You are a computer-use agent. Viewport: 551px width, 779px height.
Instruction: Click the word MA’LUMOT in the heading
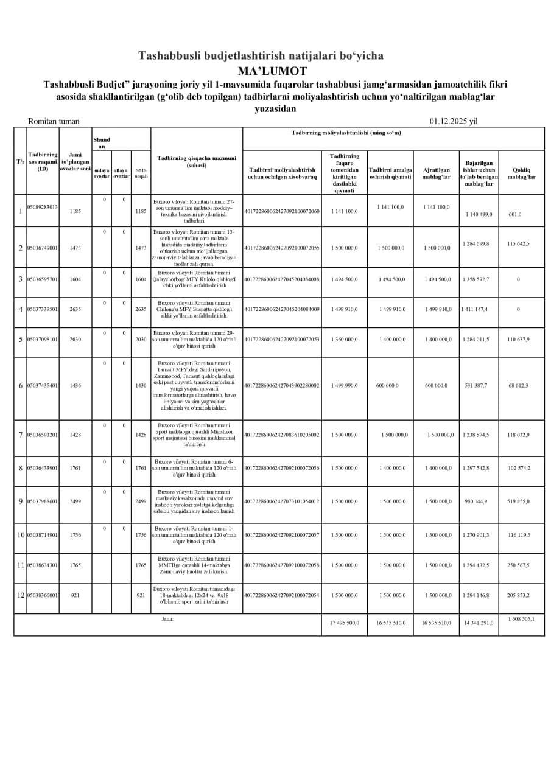[x=272, y=71]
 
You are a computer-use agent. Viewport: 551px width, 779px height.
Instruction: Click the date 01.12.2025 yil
[x=453, y=121]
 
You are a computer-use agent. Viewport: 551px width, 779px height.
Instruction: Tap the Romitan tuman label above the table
[x=54, y=121]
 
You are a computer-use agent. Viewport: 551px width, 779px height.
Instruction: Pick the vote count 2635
[x=75, y=309]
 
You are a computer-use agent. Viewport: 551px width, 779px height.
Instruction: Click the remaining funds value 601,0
[x=515, y=214]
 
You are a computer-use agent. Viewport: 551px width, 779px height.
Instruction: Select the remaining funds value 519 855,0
[x=519, y=501]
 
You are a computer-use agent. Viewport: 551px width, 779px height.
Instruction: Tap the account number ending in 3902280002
[x=282, y=385]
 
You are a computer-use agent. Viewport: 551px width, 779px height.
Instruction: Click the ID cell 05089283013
[x=43, y=207]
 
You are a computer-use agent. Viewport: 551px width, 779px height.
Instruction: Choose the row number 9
[x=20, y=501]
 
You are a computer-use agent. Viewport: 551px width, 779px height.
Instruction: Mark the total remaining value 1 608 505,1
[x=521, y=619]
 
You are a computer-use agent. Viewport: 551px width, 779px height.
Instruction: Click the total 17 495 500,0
[x=345, y=623]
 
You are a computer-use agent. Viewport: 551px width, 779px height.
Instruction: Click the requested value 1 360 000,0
[x=345, y=339]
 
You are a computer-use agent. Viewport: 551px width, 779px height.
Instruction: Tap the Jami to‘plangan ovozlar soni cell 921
[x=75, y=595]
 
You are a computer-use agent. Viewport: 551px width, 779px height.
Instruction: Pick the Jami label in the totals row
[x=167, y=619]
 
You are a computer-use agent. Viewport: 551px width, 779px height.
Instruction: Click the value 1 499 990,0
[x=345, y=385]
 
